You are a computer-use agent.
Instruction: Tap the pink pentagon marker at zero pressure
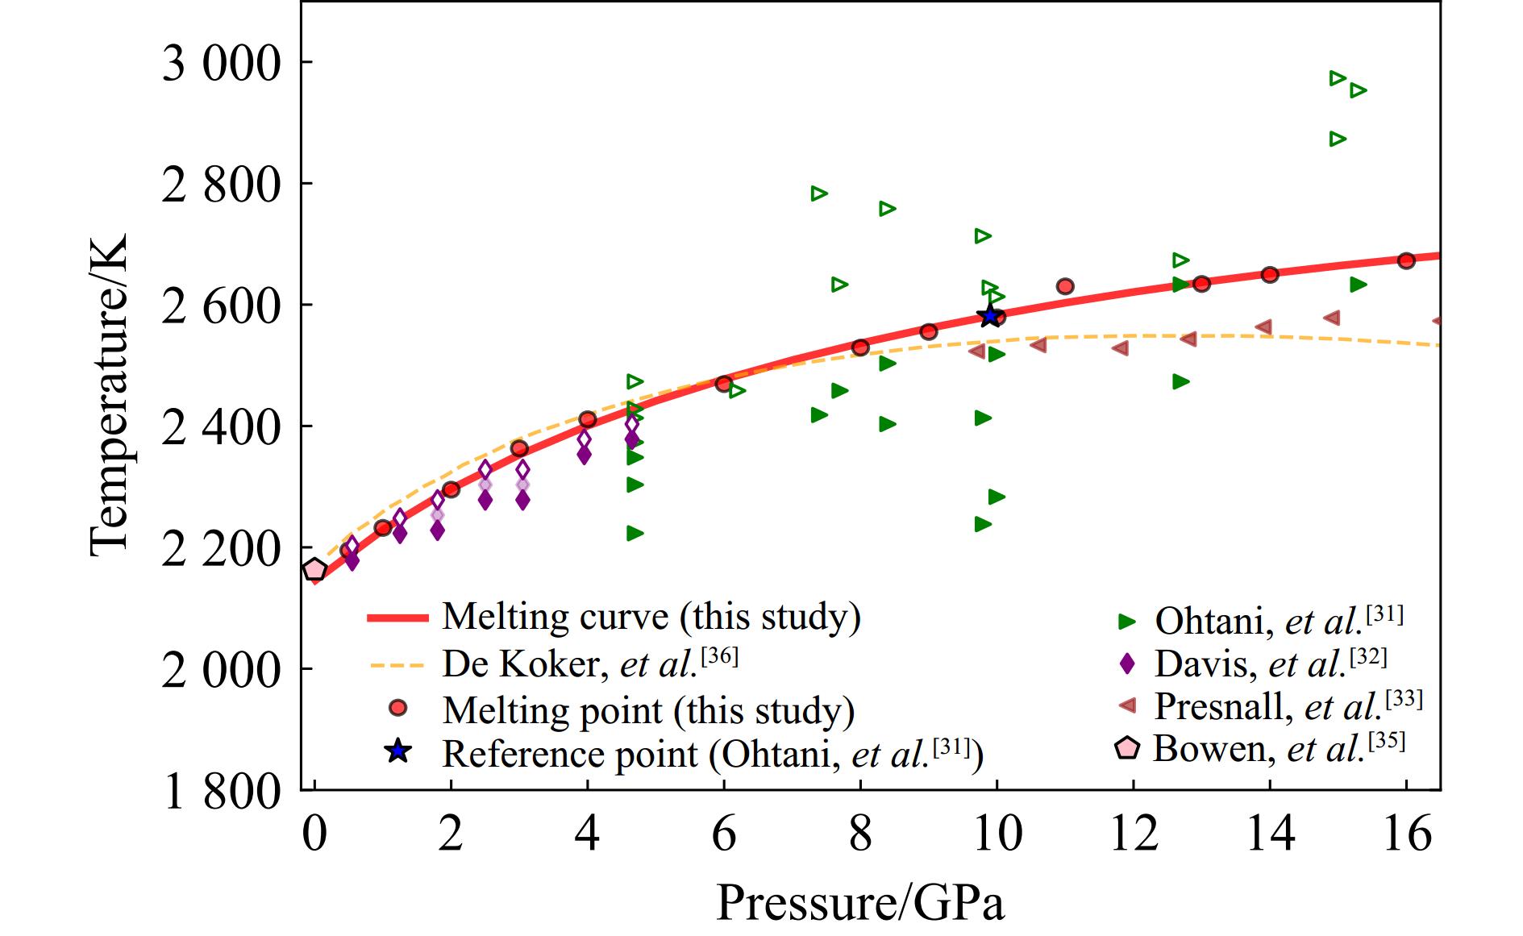click(x=314, y=570)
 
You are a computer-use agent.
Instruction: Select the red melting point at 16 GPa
click(x=1406, y=260)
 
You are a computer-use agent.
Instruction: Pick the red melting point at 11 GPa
click(x=1065, y=286)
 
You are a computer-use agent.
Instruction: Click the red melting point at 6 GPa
click(x=723, y=384)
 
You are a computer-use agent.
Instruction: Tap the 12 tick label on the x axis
click(x=1134, y=834)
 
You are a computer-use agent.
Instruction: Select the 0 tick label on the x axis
click(x=314, y=834)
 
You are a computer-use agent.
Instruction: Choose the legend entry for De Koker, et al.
click(x=589, y=664)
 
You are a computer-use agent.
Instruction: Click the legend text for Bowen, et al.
click(x=1279, y=748)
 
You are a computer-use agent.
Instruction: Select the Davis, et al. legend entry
click(x=1271, y=664)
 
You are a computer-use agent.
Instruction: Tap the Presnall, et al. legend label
click(x=1288, y=706)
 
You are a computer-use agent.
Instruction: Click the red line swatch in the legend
click(x=397, y=618)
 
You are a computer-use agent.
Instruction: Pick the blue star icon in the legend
click(x=397, y=752)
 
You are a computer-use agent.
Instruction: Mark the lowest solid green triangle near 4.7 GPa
click(x=635, y=533)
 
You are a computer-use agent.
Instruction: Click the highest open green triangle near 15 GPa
click(x=1338, y=78)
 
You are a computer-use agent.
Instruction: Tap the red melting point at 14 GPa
click(x=1270, y=275)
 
